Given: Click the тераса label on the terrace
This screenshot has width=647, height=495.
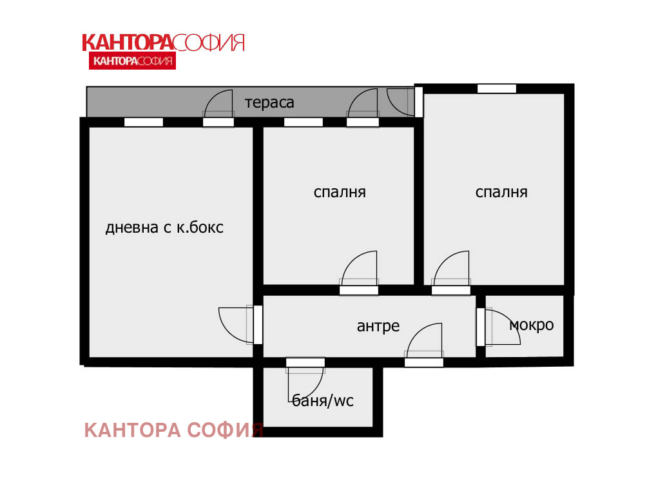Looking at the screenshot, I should (x=269, y=102).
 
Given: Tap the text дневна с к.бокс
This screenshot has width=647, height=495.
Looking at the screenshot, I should (x=164, y=228).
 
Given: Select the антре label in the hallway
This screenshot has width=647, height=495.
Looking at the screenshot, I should (x=378, y=326).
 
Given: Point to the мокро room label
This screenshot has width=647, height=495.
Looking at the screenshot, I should (x=532, y=325).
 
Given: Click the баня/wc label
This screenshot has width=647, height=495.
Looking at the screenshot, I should (x=323, y=401).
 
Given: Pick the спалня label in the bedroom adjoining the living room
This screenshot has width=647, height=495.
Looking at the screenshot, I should (x=340, y=192).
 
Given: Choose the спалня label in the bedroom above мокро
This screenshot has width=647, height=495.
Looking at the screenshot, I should (x=501, y=192).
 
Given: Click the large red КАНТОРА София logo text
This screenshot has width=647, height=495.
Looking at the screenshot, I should (x=163, y=43).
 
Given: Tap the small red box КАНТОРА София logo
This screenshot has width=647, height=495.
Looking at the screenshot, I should (x=131, y=61).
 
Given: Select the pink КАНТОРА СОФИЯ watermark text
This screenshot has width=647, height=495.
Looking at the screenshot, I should (x=174, y=431).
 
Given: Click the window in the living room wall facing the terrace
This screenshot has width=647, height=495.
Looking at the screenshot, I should (x=144, y=122).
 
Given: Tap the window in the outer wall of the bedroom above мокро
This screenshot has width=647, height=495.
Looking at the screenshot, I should (x=497, y=88).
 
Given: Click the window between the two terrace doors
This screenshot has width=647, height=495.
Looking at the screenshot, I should (x=304, y=122).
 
